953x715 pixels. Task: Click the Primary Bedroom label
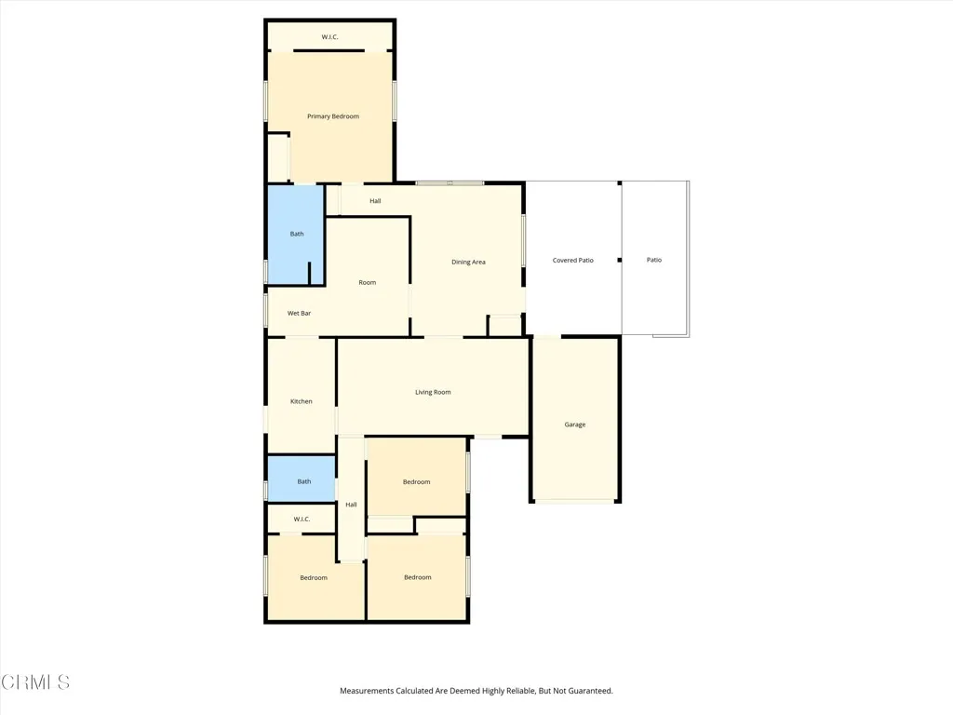tap(333, 116)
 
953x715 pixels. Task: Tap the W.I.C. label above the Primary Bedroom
tap(329, 37)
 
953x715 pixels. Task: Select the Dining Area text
tap(468, 263)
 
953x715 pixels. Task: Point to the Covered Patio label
tap(572, 261)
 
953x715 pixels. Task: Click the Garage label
tap(575, 425)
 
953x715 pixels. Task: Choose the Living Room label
tap(433, 392)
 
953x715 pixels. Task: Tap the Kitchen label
tap(301, 401)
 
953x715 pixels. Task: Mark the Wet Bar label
tap(299, 314)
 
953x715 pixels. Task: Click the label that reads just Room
tap(368, 282)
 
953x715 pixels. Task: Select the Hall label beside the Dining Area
tap(375, 201)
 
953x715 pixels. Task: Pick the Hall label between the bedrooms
tap(351, 505)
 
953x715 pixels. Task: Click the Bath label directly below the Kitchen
tap(304, 481)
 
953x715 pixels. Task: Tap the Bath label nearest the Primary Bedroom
tap(297, 234)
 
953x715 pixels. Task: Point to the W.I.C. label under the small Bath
tap(302, 519)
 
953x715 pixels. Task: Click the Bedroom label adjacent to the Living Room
tap(416, 482)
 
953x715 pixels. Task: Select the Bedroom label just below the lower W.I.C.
tap(314, 578)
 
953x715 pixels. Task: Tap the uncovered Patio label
tap(654, 260)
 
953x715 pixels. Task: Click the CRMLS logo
tap(35, 682)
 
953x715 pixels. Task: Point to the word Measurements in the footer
tap(367, 691)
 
